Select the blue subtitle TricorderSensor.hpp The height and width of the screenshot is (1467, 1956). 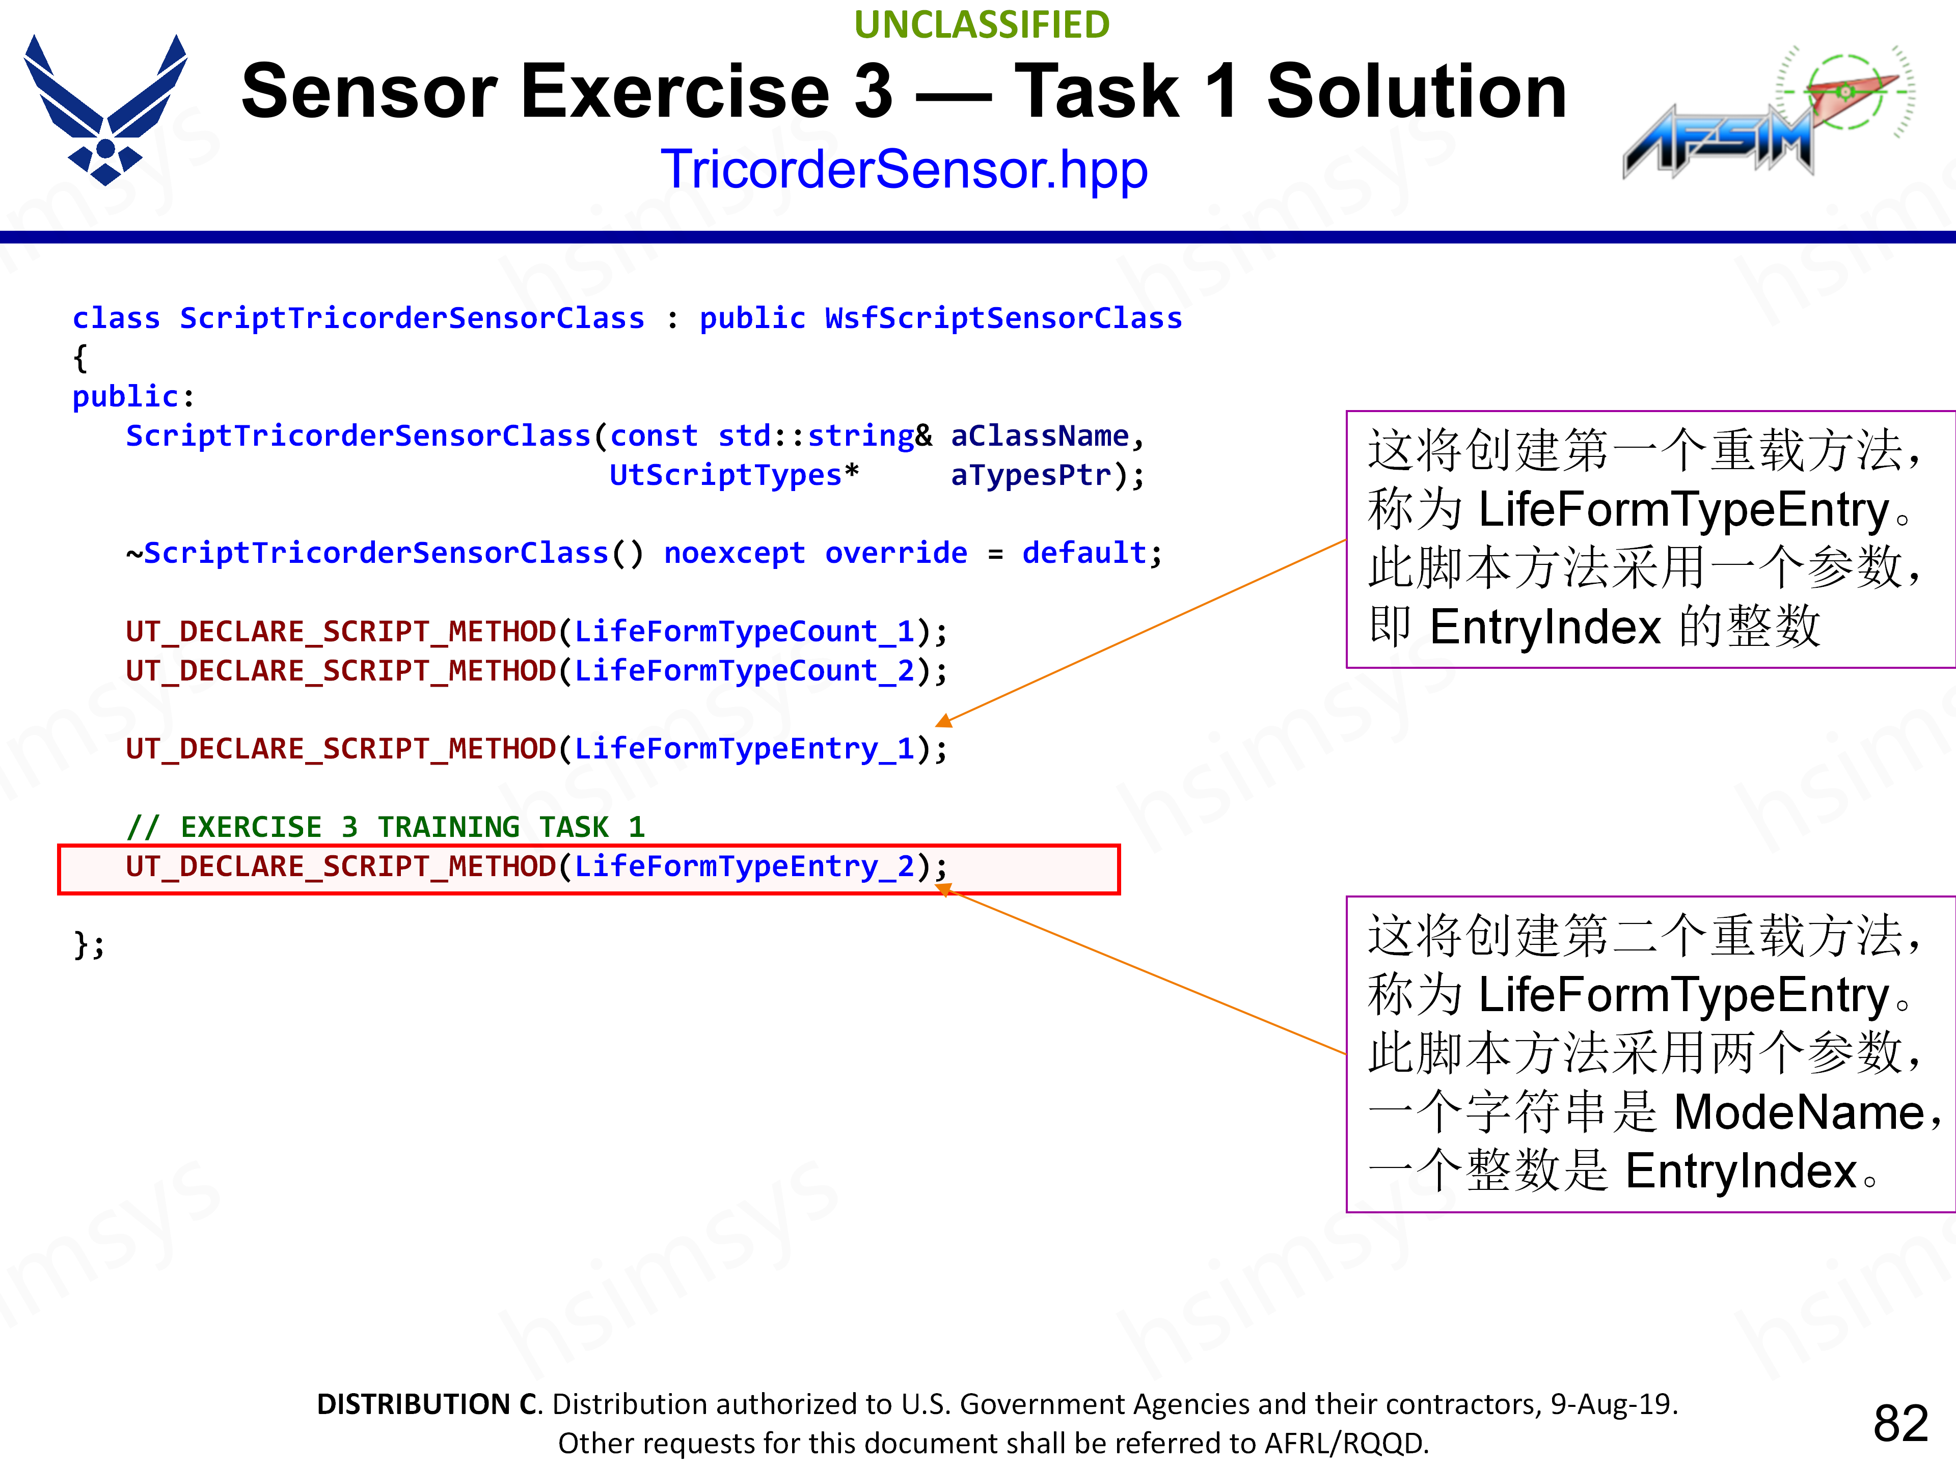click(x=904, y=169)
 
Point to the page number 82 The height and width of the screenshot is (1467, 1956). click(x=1900, y=1423)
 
